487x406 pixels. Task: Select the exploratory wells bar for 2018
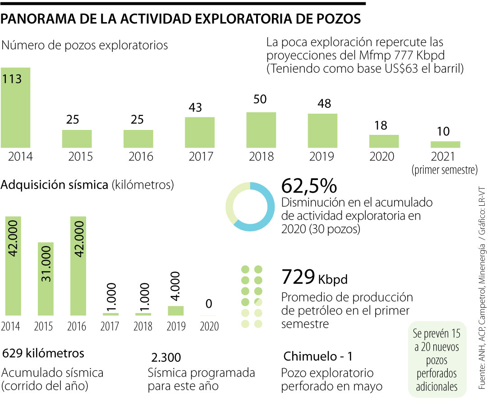[x=261, y=130]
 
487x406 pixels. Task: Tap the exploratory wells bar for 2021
[x=445, y=144]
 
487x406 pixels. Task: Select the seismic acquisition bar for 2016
[x=78, y=266]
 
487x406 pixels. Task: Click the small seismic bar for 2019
[x=176, y=310]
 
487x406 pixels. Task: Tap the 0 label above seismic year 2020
[x=209, y=303]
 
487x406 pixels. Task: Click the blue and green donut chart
[x=249, y=207]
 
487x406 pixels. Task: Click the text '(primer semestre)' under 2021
[x=444, y=171]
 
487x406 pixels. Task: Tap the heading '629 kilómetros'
[x=43, y=353]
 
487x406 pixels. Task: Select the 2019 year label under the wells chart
[x=322, y=157]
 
